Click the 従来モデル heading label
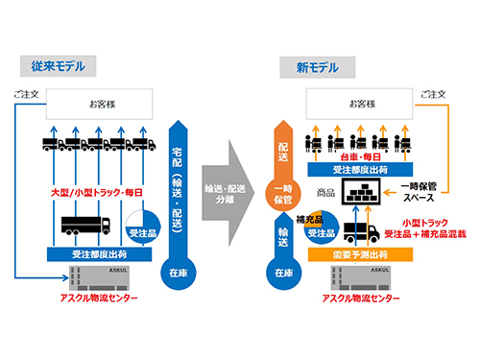tap(57, 66)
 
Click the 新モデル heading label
tap(306, 66)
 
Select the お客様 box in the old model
tap(97, 101)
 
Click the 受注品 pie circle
tap(142, 228)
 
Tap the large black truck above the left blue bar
tap(86, 226)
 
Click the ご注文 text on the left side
tap(26, 96)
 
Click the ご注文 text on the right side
tap(432, 96)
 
